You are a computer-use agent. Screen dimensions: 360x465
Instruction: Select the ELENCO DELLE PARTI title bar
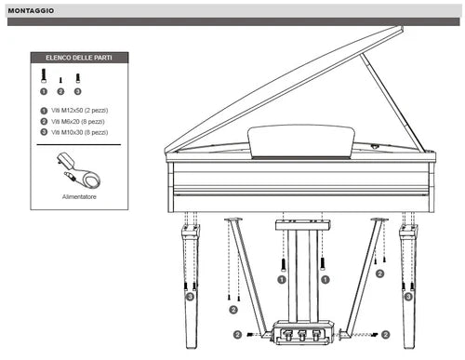point(79,57)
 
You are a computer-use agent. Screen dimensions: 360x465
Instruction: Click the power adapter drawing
point(79,170)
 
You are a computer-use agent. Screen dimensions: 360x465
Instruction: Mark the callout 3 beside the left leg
point(190,297)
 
